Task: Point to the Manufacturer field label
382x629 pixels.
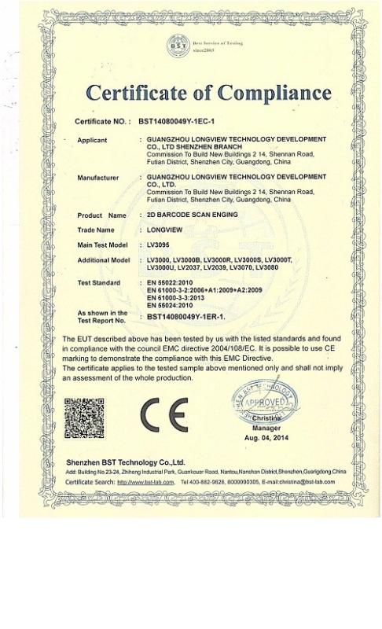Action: [98, 178]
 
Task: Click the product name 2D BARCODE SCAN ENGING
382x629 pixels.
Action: [183, 215]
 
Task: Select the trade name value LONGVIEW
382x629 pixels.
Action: [163, 230]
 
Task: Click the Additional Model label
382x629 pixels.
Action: [104, 259]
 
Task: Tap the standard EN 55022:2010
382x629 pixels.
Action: [169, 281]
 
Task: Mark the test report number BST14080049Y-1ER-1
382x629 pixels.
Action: [186, 316]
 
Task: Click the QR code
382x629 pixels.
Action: [84, 418]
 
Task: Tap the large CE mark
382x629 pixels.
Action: [164, 415]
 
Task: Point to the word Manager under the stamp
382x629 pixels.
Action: [266, 428]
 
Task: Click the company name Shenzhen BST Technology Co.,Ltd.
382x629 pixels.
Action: [126, 462]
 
